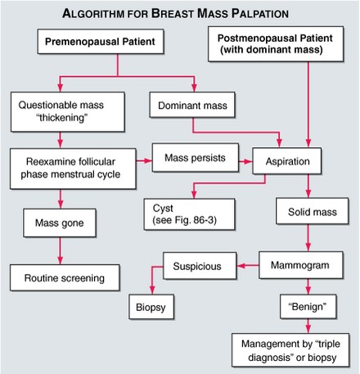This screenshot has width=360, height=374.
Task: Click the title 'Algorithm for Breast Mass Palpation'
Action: click(179, 13)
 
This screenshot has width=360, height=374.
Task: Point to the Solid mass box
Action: click(306, 212)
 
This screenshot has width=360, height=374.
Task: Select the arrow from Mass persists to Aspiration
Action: click(242, 156)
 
